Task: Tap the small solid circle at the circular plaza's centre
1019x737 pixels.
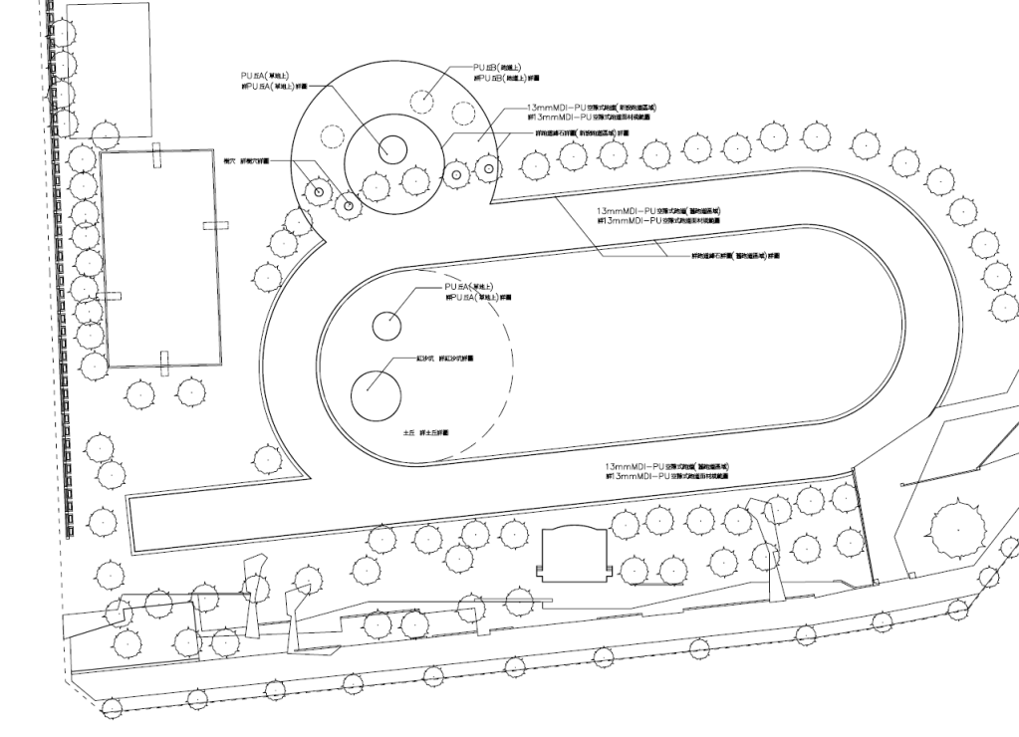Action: coord(391,149)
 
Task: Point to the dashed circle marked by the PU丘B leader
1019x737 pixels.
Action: coord(425,100)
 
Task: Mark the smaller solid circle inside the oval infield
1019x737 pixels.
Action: coord(386,325)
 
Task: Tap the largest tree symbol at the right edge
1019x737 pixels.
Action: coord(960,530)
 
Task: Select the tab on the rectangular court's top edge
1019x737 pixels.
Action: coord(156,156)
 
